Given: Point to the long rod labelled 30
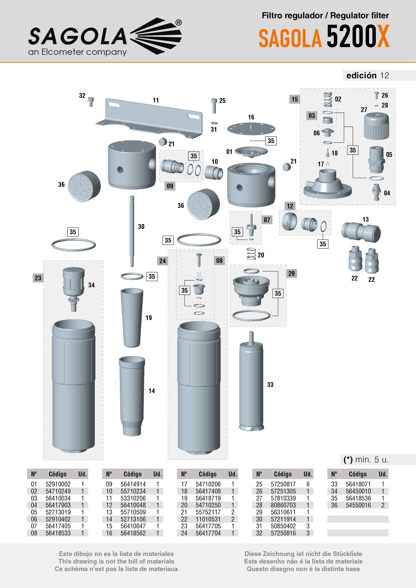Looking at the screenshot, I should click(132, 230).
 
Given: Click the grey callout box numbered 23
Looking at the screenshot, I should click(38, 278).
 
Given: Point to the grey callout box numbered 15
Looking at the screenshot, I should click(294, 99).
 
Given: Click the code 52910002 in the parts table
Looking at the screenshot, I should click(58, 484).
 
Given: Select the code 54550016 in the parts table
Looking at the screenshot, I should click(358, 505).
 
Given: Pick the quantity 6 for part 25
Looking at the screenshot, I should click(308, 484).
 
